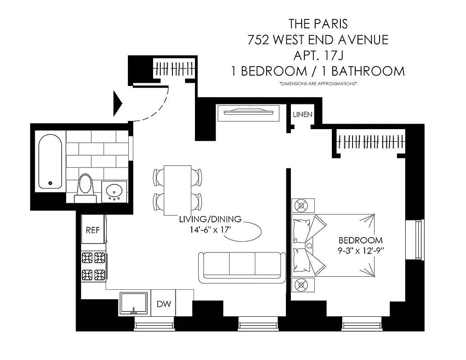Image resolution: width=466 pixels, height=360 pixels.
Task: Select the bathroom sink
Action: point(114,192)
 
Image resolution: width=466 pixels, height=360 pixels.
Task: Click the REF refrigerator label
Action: point(93,230)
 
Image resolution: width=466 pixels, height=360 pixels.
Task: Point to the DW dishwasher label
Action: point(164,304)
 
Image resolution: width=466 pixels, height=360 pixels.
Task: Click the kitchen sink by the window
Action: point(134,303)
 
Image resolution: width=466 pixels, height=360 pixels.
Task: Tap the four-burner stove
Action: point(93,266)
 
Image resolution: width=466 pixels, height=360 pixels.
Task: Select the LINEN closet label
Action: point(303,115)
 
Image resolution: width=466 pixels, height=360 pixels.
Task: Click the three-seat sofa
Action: point(242,267)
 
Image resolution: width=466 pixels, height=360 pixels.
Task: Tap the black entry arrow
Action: point(118,103)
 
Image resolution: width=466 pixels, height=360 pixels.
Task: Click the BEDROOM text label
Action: point(361,240)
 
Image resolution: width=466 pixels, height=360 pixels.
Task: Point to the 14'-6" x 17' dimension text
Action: point(210,229)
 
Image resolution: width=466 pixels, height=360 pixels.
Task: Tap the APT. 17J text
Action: point(318,55)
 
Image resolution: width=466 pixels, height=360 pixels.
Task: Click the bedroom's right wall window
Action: point(415,240)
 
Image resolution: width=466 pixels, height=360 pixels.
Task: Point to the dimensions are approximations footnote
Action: point(318,84)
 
